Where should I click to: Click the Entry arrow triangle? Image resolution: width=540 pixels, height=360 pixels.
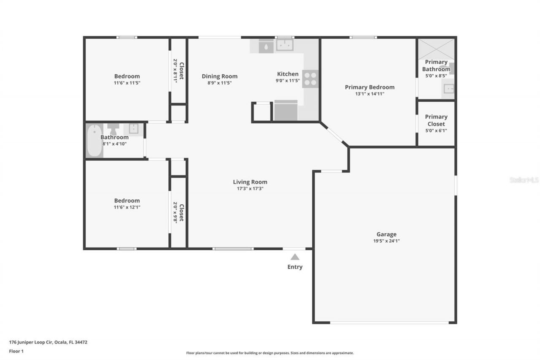pyautogui.click(x=295, y=257)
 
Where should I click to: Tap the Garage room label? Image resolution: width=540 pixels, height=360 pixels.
pyautogui.click(x=386, y=234)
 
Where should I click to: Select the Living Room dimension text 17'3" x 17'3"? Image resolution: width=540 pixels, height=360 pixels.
pyautogui.click(x=250, y=189)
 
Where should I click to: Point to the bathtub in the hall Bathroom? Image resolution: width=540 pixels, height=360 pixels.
pyautogui.click(x=94, y=140)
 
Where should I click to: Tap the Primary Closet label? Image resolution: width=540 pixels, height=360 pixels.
pyautogui.click(x=436, y=120)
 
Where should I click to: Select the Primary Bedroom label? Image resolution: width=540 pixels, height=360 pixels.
pyautogui.click(x=370, y=87)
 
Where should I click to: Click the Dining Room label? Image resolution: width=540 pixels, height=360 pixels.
pyautogui.click(x=219, y=76)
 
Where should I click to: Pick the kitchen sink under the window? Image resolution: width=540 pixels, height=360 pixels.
pyautogui.click(x=285, y=45)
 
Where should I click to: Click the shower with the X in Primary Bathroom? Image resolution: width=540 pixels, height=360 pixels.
pyautogui.click(x=436, y=49)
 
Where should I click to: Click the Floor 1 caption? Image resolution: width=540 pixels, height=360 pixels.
pyautogui.click(x=16, y=351)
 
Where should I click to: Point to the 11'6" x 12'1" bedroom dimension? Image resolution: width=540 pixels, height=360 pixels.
pyautogui.click(x=127, y=207)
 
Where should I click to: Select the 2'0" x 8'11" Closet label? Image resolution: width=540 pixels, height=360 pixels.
pyautogui.click(x=178, y=71)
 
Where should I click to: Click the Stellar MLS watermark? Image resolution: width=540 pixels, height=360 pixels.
pyautogui.click(x=524, y=180)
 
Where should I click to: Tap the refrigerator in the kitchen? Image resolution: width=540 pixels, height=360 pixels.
pyautogui.click(x=286, y=111)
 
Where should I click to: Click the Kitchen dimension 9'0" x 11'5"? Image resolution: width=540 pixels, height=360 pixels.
pyautogui.click(x=288, y=81)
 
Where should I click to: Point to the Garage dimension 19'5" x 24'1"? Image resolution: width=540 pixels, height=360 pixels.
pyautogui.click(x=386, y=241)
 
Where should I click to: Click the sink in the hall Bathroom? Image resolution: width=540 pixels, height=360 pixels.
pyautogui.click(x=134, y=129)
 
